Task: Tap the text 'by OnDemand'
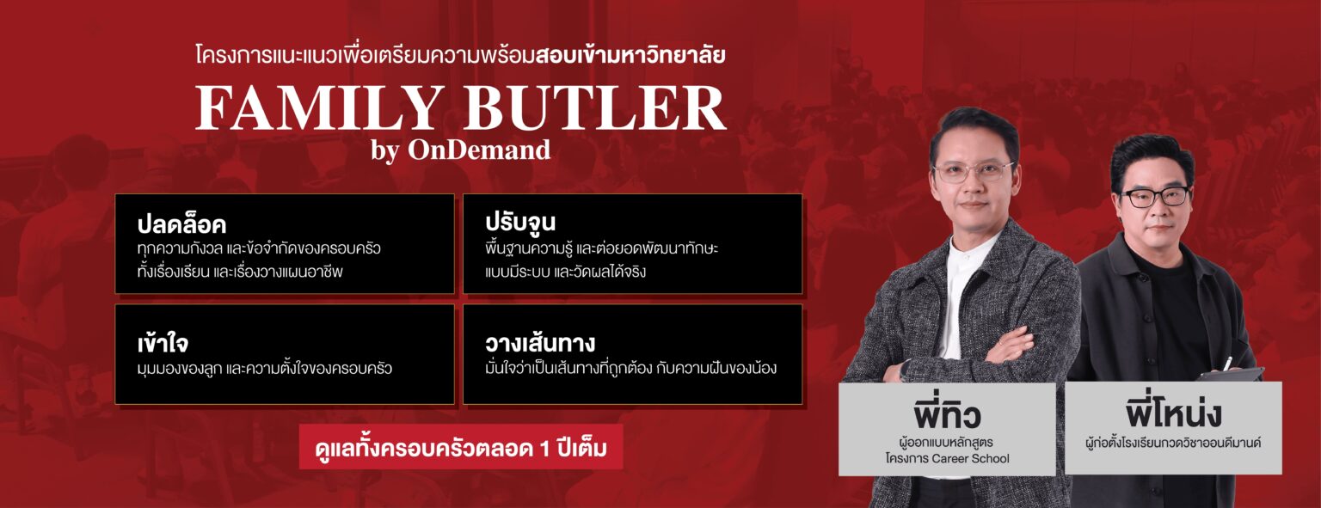(x=461, y=150)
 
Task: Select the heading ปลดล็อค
(x=181, y=223)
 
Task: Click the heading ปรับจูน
(x=520, y=222)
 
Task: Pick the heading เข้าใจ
(x=163, y=343)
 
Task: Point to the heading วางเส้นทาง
(x=540, y=342)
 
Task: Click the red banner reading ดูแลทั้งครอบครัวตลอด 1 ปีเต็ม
(x=461, y=447)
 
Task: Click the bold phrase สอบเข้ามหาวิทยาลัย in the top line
(x=631, y=55)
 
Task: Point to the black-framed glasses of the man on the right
(x=1157, y=197)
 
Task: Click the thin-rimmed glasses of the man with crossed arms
(x=974, y=172)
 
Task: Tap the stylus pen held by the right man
(x=1228, y=362)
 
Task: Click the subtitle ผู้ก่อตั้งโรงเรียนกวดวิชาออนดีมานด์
(x=1173, y=444)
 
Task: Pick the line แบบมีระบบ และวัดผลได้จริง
(x=566, y=272)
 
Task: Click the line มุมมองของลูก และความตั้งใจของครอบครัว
(x=265, y=369)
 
